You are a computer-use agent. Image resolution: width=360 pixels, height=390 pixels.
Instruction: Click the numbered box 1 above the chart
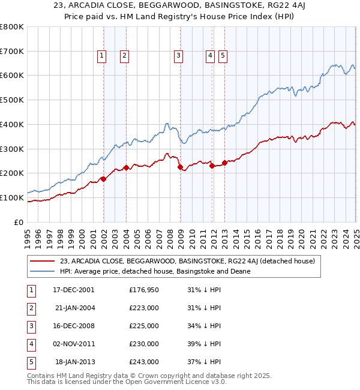pos(101,56)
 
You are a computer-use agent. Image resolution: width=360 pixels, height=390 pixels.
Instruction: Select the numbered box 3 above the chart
pos(179,56)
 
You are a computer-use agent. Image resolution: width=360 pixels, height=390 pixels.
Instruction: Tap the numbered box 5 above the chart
pos(223,56)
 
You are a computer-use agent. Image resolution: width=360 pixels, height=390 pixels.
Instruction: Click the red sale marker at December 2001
pos(103,179)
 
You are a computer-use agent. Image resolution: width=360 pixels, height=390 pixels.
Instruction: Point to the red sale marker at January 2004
pos(126,167)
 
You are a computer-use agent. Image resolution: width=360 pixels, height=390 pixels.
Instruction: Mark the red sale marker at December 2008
pos(180,167)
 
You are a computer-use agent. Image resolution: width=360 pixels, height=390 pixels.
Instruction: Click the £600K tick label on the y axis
pos(12,76)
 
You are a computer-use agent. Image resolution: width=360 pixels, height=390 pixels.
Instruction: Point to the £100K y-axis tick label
pos(12,197)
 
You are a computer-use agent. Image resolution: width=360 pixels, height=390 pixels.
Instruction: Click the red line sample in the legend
pos(41,260)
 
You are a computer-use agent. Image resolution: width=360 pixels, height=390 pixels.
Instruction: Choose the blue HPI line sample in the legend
pos(41,271)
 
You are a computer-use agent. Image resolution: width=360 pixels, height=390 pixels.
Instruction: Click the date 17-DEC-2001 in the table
pos(74,290)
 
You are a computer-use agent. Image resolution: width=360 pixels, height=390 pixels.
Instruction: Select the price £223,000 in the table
pos(144,308)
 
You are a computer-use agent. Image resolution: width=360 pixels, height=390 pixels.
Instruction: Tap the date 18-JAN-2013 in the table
pos(75,362)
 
